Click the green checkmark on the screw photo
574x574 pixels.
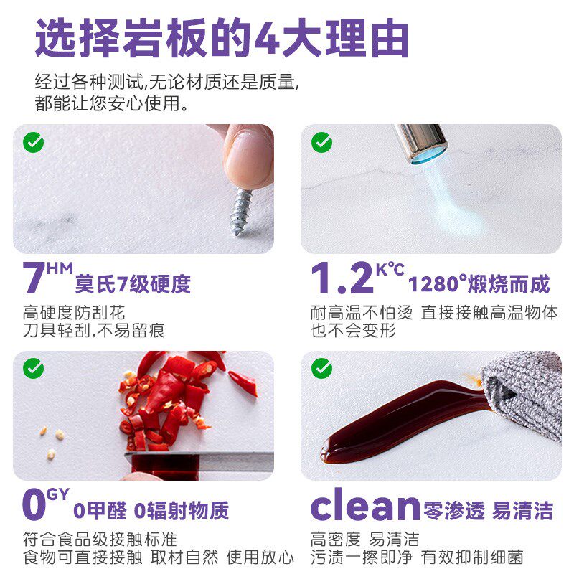click(34, 143)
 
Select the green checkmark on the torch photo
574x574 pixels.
click(321, 143)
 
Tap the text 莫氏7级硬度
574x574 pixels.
click(133, 284)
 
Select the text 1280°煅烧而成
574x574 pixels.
click(479, 284)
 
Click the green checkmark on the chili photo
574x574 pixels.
click(34, 369)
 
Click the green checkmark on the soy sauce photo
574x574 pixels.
click(321, 369)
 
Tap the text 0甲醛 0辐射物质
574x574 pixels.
click(151, 511)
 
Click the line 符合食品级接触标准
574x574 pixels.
click(100, 539)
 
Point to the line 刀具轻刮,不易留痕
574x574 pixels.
click(94, 331)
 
